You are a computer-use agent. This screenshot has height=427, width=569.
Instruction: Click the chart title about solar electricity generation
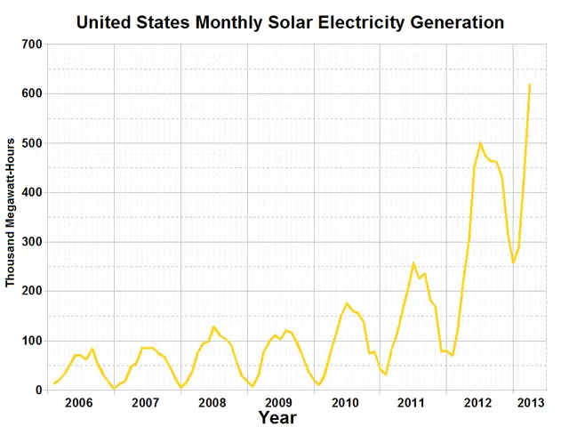pyautogui.click(x=290, y=20)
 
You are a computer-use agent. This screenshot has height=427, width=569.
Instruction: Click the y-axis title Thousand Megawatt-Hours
pyautogui.click(x=11, y=213)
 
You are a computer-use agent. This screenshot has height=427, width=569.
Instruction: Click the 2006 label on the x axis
pyautogui.click(x=79, y=403)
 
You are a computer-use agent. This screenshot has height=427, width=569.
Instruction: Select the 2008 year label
pyautogui.click(x=212, y=403)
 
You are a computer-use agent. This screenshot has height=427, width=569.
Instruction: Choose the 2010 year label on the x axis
pyautogui.click(x=345, y=403)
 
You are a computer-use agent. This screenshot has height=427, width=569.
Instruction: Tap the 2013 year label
pyautogui.click(x=531, y=403)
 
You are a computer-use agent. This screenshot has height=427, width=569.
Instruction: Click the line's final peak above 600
pyautogui.click(x=530, y=85)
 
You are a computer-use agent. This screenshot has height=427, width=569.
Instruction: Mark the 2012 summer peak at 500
pyautogui.click(x=480, y=143)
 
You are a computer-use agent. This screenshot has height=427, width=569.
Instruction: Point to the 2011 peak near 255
pyautogui.click(x=413, y=263)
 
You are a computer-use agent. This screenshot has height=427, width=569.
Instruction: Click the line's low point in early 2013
pyautogui.click(x=513, y=262)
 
